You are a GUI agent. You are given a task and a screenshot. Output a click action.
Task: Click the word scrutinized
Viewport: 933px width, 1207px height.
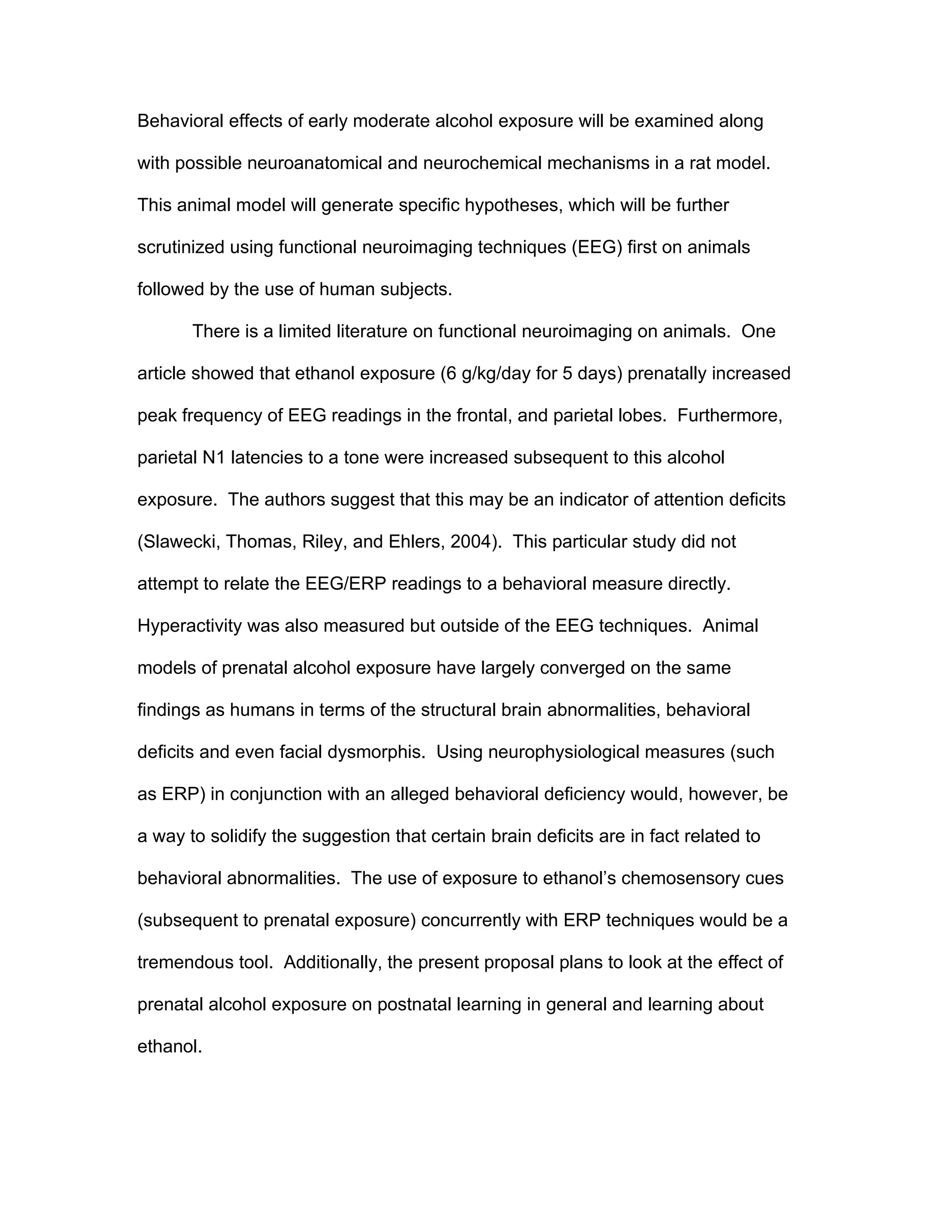(180, 248)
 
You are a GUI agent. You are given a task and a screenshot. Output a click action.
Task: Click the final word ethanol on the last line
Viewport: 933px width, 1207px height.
(169, 1047)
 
